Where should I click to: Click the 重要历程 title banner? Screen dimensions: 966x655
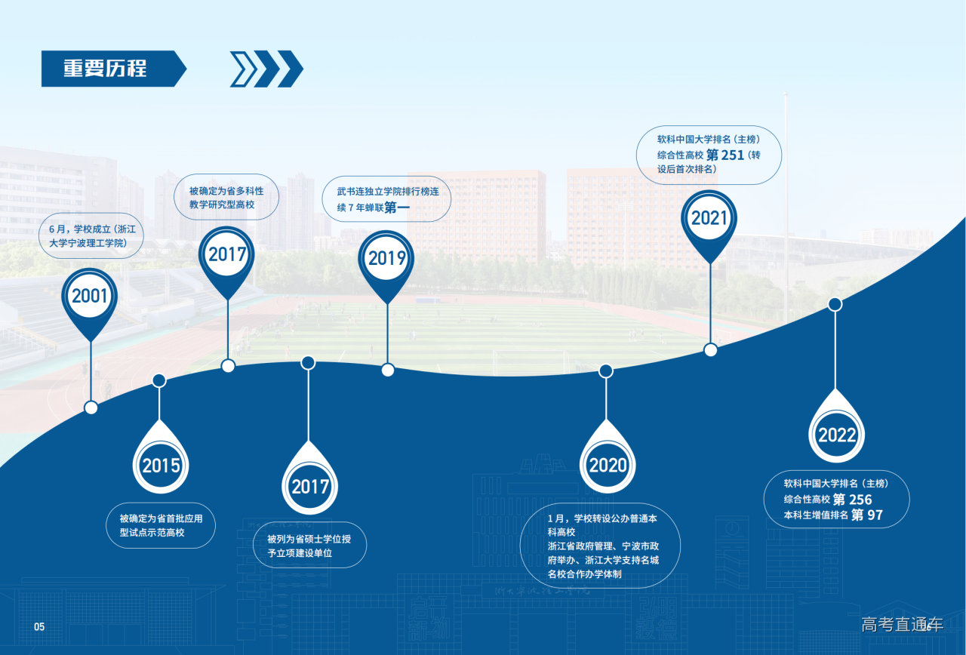coord(113,69)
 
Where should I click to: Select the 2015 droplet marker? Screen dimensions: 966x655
coord(161,457)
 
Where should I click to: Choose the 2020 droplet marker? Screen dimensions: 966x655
coord(608,457)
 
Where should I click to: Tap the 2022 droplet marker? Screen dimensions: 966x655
coord(836,426)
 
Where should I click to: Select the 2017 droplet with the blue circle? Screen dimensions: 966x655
coord(309,478)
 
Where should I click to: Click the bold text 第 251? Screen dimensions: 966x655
coord(725,155)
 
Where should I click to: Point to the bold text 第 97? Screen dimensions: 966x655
coord(867,515)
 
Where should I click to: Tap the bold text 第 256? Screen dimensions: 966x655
coord(852,500)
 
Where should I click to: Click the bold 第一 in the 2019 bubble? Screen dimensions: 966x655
coord(397,208)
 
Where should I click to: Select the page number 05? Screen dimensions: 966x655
coord(39,627)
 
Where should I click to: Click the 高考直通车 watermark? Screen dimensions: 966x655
coord(902,625)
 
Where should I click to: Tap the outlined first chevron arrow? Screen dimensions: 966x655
coord(243,69)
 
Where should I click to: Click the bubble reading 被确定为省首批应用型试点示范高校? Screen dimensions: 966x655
coord(161,526)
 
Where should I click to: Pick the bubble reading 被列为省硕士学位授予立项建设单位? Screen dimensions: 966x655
coord(309,545)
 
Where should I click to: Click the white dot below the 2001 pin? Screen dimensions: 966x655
coord(91,407)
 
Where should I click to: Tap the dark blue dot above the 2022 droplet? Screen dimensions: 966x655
coord(835,304)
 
